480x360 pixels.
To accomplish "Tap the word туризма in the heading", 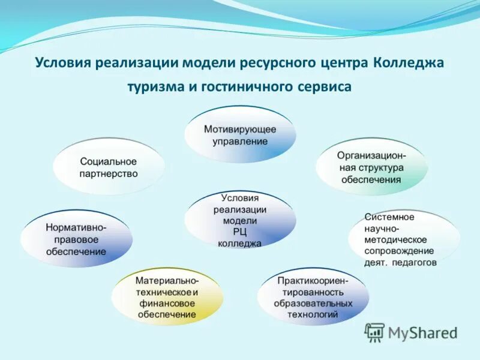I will coord(155,86).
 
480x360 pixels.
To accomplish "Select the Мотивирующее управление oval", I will coord(239,135).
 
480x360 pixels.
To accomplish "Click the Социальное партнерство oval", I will coord(109,167).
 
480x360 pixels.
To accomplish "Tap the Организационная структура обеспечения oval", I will coord(371,167).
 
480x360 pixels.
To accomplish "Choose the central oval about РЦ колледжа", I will coord(239,220).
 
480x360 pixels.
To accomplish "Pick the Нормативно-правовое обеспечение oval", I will coord(76,239).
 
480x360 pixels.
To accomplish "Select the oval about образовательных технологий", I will coord(313,296).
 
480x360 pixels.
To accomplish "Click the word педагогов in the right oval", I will coord(415,263).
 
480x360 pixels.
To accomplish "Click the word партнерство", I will coord(109,174).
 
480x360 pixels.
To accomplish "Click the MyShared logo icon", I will coord(375,332).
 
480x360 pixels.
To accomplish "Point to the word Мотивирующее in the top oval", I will coord(240,129).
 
